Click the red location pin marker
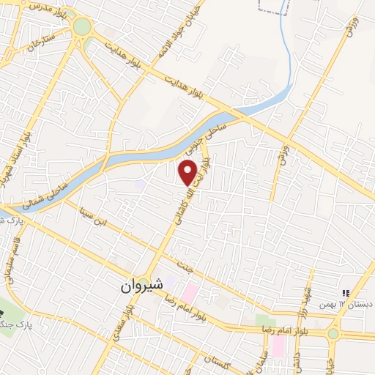(188, 172)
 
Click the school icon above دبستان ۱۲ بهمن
(346, 292)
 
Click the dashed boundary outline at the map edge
(274, 7)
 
